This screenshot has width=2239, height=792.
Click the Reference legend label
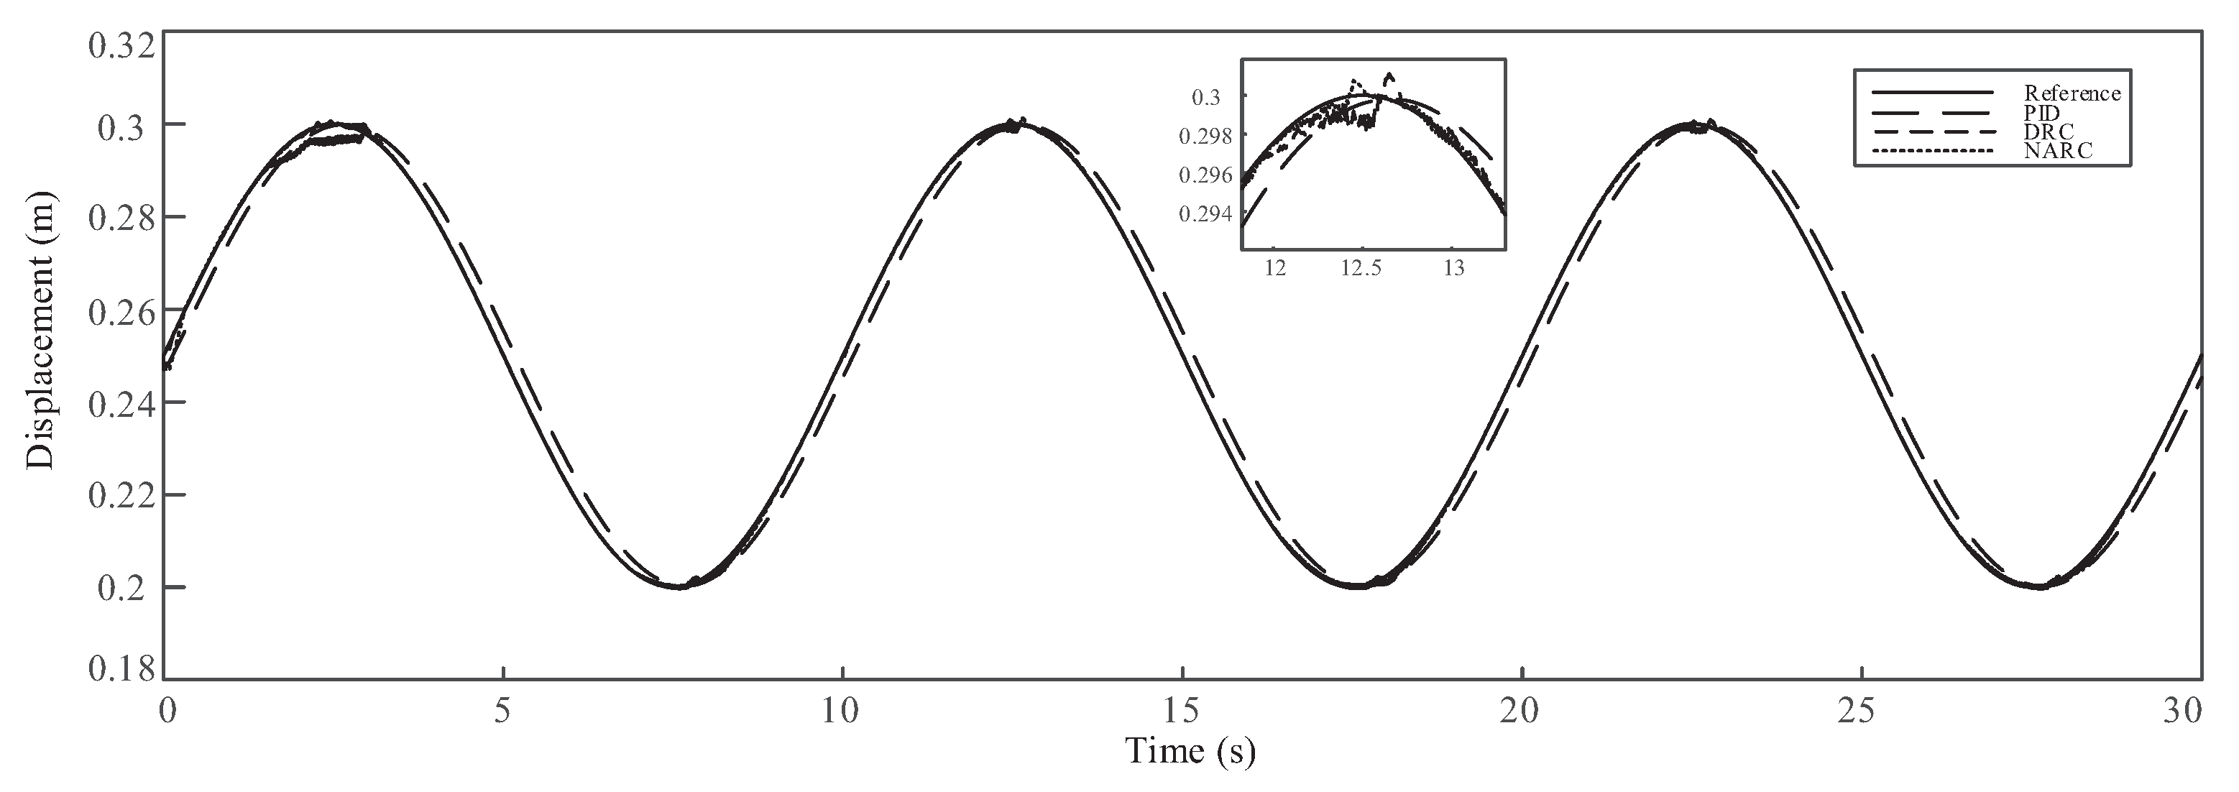click(2072, 93)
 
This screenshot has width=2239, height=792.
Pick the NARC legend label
click(2057, 150)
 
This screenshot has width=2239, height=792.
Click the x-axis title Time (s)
click(1190, 750)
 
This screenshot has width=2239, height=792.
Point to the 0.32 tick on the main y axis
click(121, 45)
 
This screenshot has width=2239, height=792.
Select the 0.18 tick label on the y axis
click(121, 668)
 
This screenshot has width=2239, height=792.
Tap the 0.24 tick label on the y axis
click(121, 403)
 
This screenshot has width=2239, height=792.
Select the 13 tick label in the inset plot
click(1453, 269)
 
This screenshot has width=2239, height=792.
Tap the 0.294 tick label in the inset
click(1205, 214)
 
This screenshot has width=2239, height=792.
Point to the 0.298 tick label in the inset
click(1205, 137)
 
